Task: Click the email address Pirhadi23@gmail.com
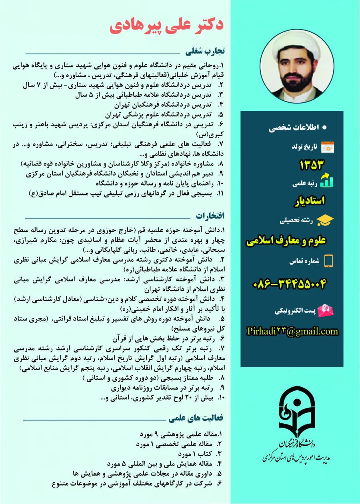(292, 331)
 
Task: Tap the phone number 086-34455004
(290, 284)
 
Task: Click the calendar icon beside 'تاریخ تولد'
(328, 147)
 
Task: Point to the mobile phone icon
(328, 261)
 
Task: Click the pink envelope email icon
(326, 310)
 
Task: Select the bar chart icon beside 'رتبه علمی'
(326, 181)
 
